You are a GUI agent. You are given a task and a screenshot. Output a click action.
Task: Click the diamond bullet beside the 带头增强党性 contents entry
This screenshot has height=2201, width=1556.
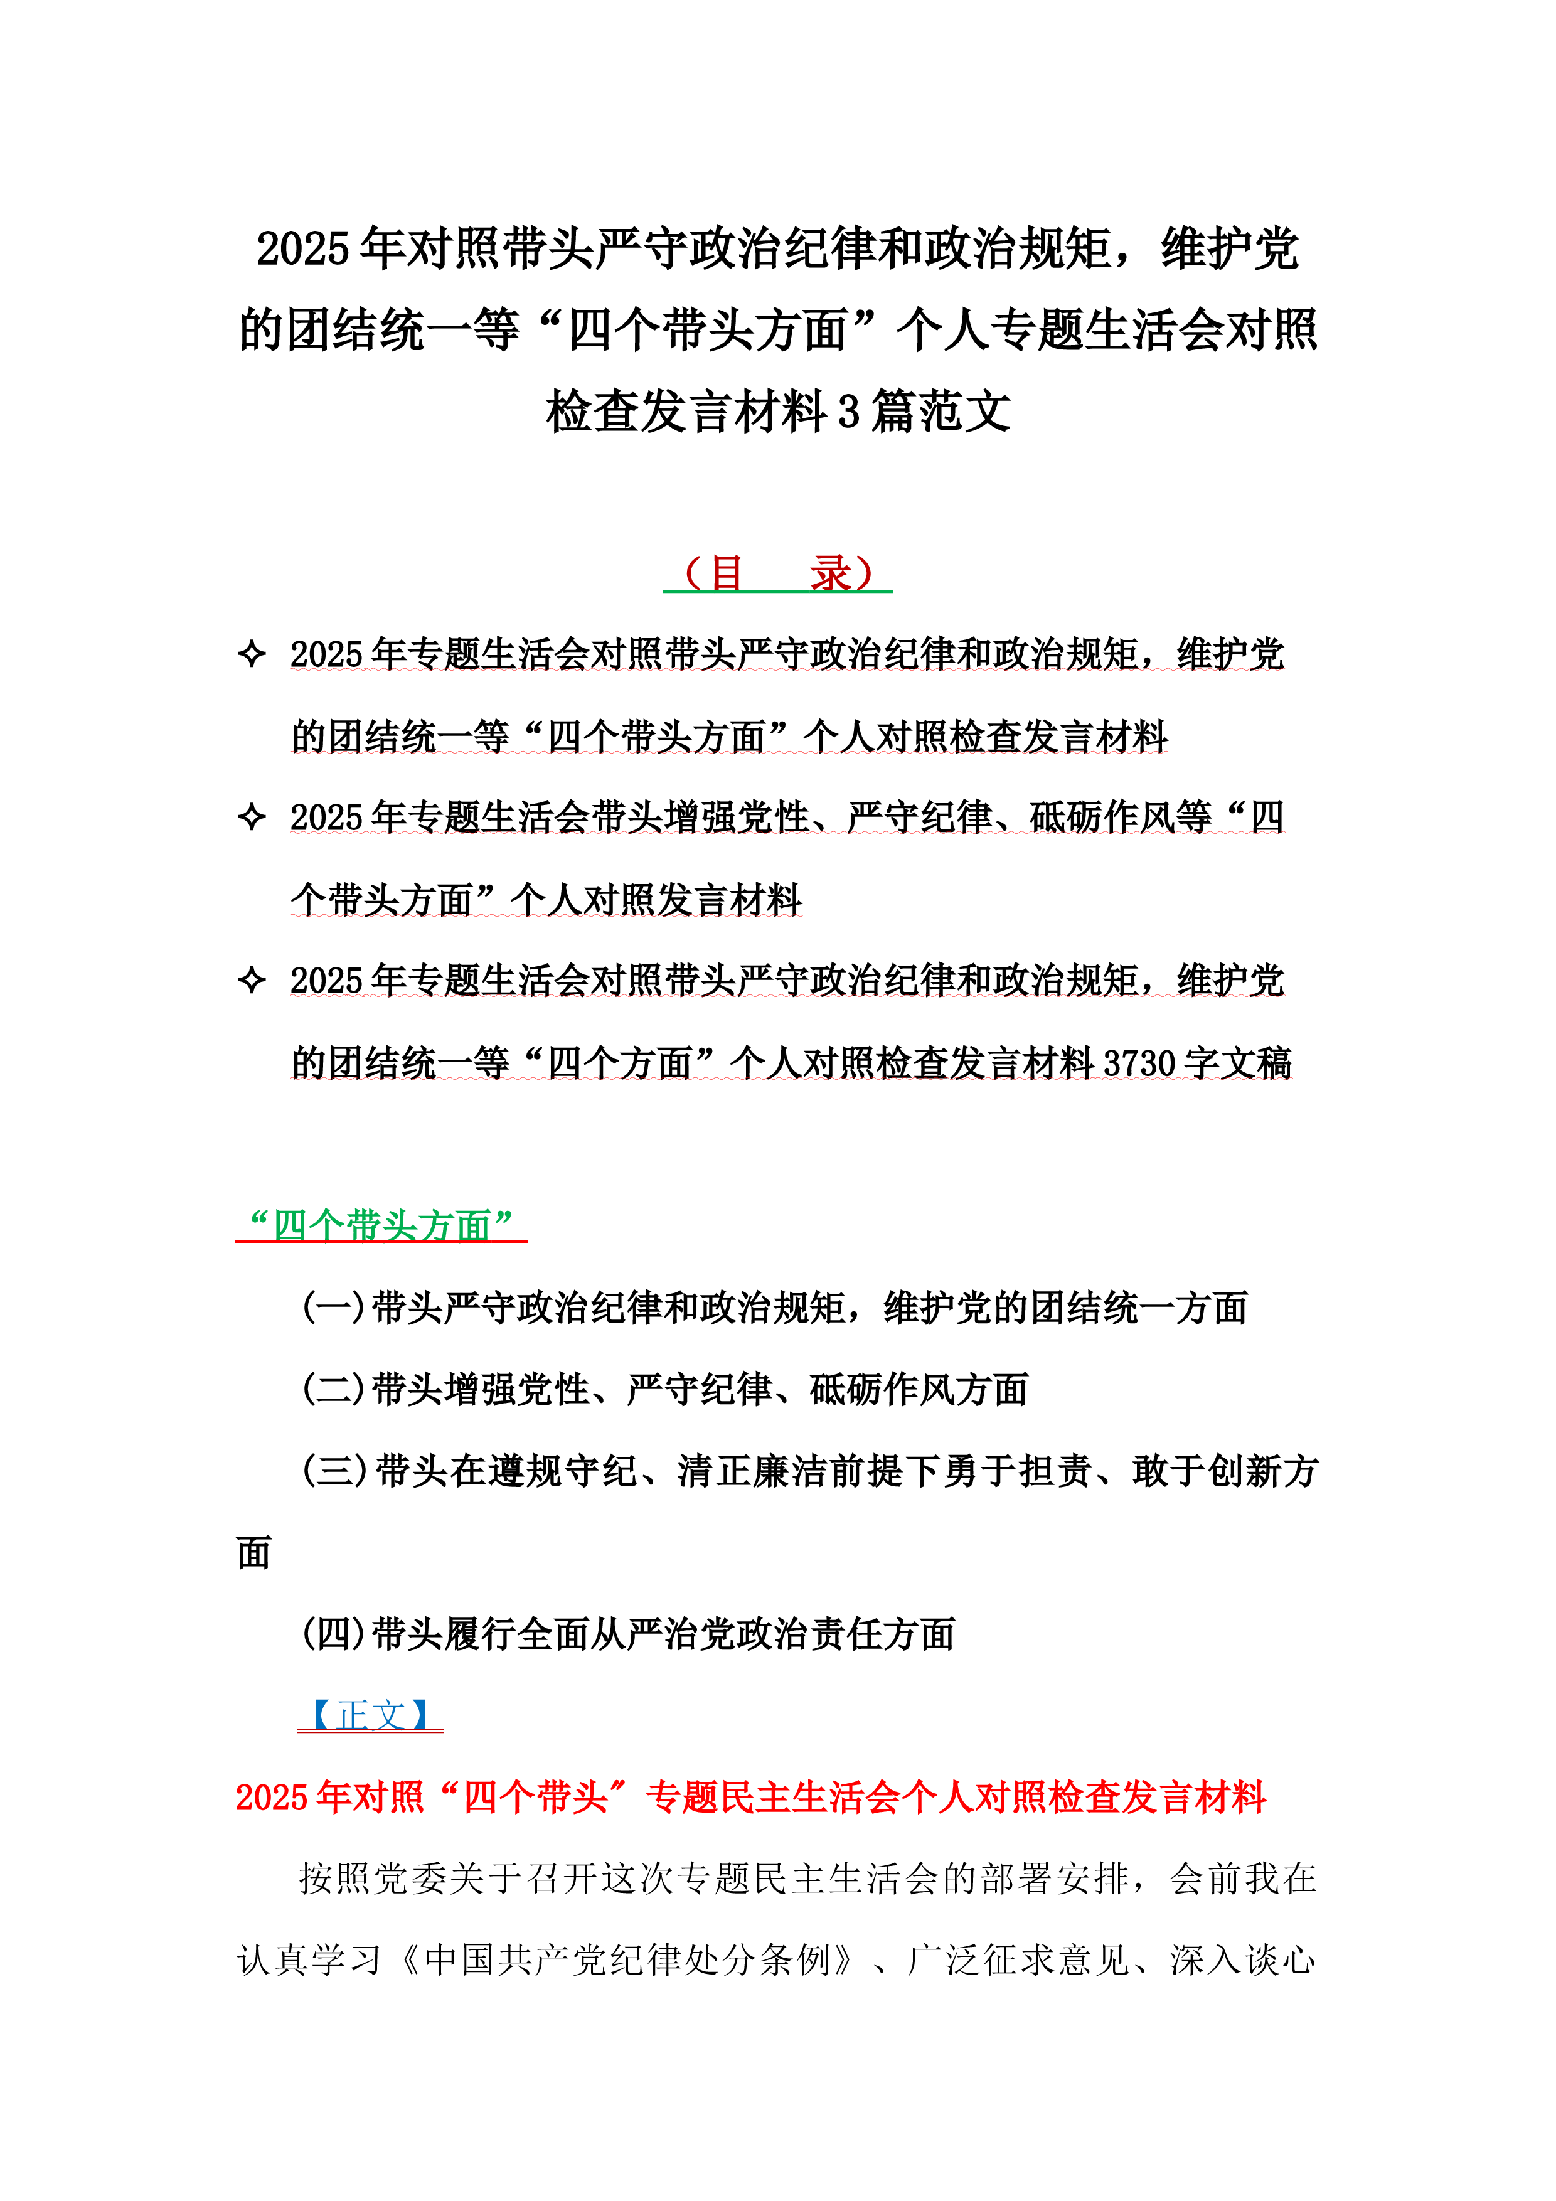pos(251,817)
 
